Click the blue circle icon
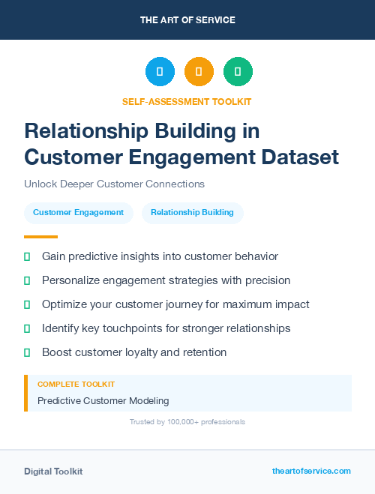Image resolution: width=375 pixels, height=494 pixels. point(160,72)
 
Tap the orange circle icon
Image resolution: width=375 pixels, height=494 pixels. point(199,72)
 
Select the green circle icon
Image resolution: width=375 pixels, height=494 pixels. point(238,72)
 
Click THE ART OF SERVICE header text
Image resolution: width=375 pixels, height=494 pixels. point(187,20)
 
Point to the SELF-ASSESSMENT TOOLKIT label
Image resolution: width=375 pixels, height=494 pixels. point(187,101)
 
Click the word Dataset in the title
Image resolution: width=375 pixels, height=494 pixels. point(298,157)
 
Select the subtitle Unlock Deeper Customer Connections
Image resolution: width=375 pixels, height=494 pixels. point(114,184)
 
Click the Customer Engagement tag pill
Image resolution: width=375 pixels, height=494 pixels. point(78,213)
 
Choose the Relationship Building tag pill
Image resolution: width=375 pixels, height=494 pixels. point(192,213)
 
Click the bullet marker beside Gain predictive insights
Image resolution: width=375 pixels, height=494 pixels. point(27,256)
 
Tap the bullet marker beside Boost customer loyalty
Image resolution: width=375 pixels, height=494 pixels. point(27,352)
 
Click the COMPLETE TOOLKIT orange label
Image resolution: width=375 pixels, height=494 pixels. point(76,384)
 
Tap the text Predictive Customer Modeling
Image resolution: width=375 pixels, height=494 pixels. point(103,400)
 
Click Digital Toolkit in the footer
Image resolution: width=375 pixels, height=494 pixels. point(53,472)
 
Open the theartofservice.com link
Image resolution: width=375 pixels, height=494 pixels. point(311,472)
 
